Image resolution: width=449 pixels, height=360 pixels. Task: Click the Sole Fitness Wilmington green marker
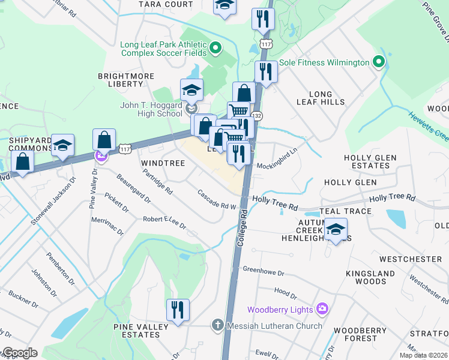click(x=378, y=62)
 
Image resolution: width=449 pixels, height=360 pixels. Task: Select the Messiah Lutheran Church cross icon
click(x=217, y=326)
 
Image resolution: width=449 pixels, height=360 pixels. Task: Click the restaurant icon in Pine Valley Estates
click(x=177, y=310)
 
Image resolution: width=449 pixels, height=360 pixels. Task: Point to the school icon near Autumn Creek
click(x=336, y=229)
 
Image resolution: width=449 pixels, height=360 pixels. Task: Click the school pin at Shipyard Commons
click(x=62, y=146)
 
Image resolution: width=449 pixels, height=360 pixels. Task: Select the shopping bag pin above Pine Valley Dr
click(x=104, y=140)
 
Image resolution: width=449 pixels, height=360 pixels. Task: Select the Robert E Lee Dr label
click(x=164, y=223)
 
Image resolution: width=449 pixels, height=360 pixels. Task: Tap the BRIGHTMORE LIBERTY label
click(x=126, y=81)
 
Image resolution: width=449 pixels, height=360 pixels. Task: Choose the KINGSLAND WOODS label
click(x=366, y=277)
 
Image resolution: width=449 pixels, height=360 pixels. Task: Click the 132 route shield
click(x=257, y=115)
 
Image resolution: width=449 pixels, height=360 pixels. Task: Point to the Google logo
click(x=19, y=353)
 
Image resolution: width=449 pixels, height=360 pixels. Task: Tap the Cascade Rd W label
click(x=217, y=200)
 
